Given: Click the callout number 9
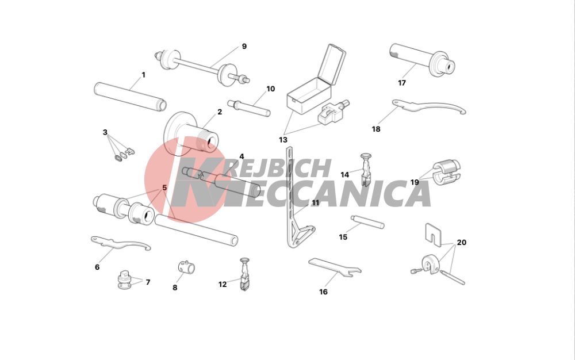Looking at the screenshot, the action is (x=244, y=47).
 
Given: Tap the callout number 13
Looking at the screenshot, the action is (x=283, y=140).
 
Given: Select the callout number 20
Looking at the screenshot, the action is (x=462, y=243).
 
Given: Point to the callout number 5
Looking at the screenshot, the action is (x=164, y=187).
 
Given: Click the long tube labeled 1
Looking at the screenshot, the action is (x=130, y=97).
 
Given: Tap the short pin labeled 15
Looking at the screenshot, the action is (x=367, y=222).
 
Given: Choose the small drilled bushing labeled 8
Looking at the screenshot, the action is (x=186, y=267).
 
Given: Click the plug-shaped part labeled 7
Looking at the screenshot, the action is (x=125, y=279).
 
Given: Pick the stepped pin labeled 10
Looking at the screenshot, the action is (x=249, y=108).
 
